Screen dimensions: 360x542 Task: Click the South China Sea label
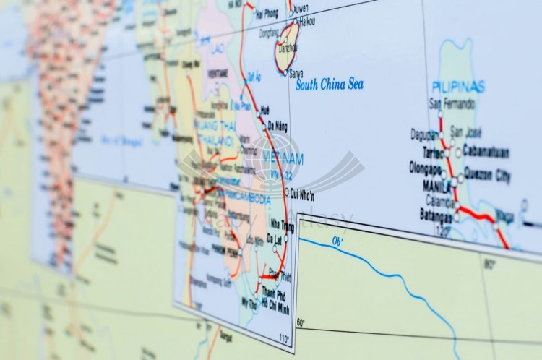point(330,85)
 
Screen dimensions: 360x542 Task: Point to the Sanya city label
point(296,74)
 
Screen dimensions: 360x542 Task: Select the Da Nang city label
point(278,127)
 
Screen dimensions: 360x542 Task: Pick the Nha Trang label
point(283,225)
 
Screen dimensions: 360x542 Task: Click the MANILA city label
point(437,186)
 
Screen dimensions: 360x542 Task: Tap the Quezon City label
point(489,176)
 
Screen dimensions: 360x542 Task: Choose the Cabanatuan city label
point(486,153)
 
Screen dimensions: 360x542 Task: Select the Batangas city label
point(436,215)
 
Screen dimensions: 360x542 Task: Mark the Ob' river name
point(337,242)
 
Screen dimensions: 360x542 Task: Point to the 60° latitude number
point(301,322)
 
